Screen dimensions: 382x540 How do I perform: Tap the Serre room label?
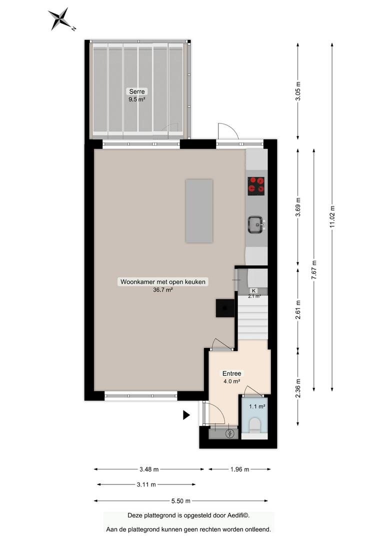click(x=136, y=91)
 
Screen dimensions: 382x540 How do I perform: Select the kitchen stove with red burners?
click(x=256, y=186)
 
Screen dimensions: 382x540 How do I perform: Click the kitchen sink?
click(x=256, y=224)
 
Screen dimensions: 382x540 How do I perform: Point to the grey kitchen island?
click(x=199, y=211)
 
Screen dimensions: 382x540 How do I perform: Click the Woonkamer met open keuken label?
click(x=163, y=281)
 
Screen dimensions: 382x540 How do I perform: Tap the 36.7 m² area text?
click(x=163, y=290)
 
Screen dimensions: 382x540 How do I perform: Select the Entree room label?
click(x=232, y=373)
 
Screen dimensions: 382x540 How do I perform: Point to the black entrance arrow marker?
click(x=186, y=415)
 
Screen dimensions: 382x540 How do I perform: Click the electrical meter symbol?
click(x=230, y=433)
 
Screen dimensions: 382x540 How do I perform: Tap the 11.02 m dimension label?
click(x=332, y=216)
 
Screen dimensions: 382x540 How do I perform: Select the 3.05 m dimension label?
click(x=298, y=91)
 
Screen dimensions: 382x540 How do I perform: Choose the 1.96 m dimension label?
click(x=239, y=469)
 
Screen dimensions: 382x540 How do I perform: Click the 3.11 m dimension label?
click(x=146, y=484)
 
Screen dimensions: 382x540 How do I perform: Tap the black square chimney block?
click(x=225, y=307)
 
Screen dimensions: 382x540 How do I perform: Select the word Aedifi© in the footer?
click(x=238, y=515)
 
